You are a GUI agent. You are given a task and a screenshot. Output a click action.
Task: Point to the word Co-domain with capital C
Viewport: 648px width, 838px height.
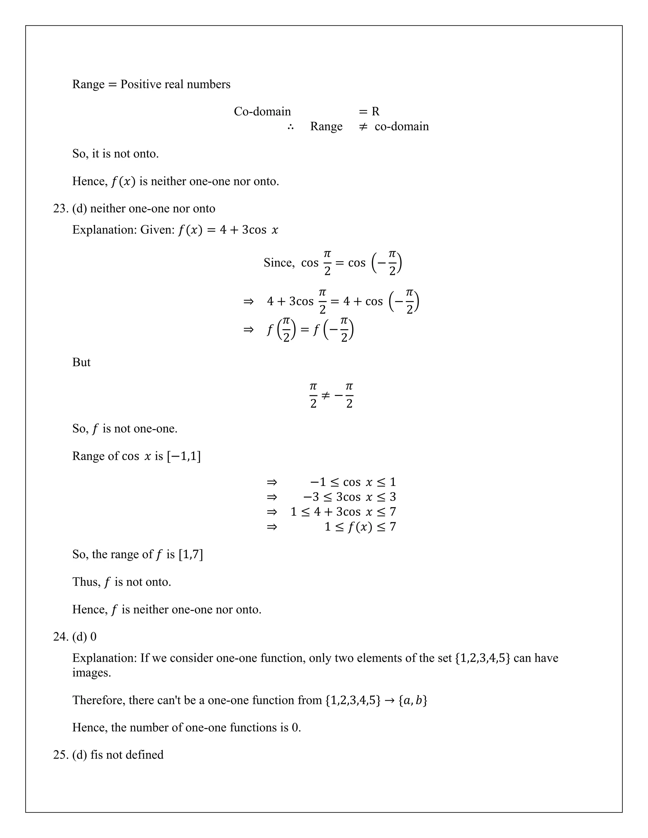click(x=262, y=111)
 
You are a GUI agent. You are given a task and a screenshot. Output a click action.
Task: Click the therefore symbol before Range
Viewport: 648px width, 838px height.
click(x=290, y=126)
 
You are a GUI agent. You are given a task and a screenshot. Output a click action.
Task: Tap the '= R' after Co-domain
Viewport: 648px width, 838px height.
click(x=369, y=111)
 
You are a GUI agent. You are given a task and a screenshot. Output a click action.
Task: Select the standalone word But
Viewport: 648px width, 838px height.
click(x=81, y=362)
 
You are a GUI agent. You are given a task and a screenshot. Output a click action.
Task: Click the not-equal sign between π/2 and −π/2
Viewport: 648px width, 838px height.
click(x=325, y=396)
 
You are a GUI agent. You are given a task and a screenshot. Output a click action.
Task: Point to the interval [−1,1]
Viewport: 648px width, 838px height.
click(x=184, y=456)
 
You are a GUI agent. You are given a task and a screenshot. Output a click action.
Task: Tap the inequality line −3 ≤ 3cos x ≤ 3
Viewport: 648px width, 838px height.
click(x=349, y=497)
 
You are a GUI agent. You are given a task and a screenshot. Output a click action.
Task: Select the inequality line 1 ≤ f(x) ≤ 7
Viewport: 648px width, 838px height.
click(x=360, y=527)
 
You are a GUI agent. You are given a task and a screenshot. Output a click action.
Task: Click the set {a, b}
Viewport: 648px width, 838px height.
click(x=413, y=700)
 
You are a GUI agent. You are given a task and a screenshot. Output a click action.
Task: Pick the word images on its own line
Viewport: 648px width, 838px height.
click(x=91, y=673)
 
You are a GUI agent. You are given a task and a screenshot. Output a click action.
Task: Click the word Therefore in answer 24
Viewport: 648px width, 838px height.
click(x=99, y=700)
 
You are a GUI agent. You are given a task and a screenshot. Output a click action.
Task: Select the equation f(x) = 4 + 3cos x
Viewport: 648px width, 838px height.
click(x=228, y=230)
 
